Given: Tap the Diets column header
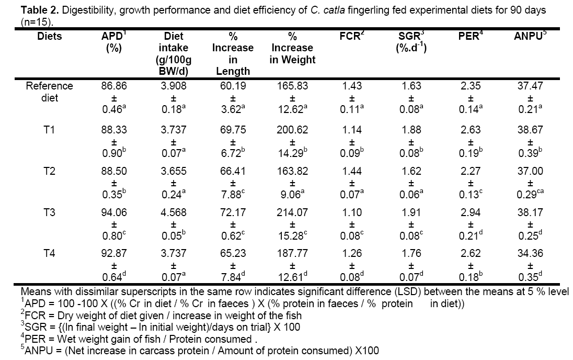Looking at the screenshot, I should (50, 37).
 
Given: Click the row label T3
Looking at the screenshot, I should (50, 213).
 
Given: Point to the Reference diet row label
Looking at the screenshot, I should (50, 91).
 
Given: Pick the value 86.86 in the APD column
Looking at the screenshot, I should (114, 86).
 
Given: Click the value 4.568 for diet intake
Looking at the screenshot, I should (174, 213).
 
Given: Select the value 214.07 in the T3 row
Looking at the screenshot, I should (292, 213).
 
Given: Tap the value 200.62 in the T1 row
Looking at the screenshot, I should (292, 129).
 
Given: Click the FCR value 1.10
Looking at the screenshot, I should (352, 213).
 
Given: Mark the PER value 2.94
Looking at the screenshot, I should (471, 213).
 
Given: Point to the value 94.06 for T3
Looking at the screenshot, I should (114, 213).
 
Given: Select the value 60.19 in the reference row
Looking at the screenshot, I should (233, 86).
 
